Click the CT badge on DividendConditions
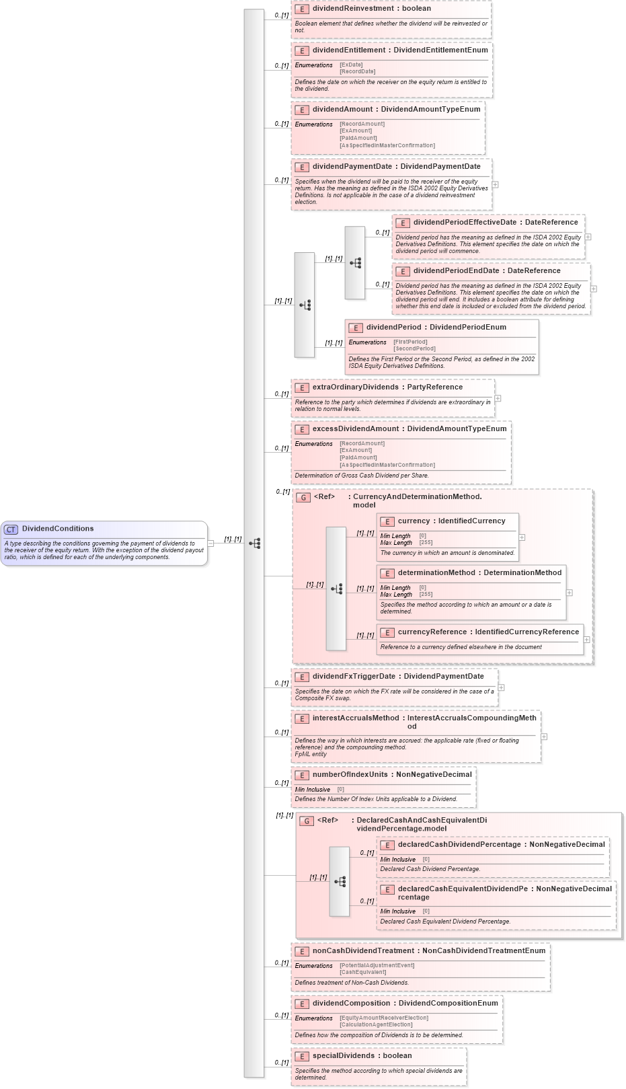(11, 529)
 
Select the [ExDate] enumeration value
(351, 65)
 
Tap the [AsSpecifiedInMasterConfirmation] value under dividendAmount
(387, 145)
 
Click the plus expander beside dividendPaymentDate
(496, 184)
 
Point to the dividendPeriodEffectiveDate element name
(465, 223)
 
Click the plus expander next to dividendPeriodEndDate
(594, 289)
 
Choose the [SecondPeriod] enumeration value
(414, 349)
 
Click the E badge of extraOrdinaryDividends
(302, 388)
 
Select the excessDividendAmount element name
(356, 429)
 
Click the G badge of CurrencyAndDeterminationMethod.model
(303, 498)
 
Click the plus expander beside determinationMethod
(570, 593)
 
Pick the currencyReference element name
(432, 632)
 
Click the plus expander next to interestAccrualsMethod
(544, 737)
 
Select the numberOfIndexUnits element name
(350, 775)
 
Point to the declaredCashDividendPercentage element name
(459, 845)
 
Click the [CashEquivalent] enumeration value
(363, 972)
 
